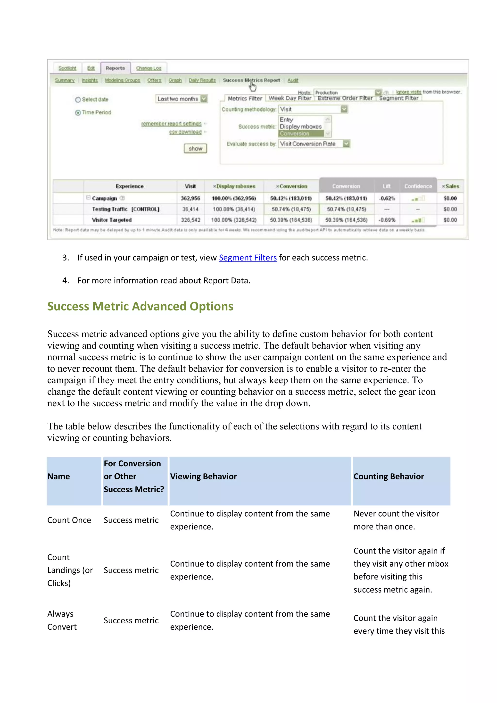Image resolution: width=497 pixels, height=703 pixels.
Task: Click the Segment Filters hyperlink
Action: tap(248, 258)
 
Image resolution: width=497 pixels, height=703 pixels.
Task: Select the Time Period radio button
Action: tap(78, 113)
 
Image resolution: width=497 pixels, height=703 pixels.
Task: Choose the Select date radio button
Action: tap(78, 100)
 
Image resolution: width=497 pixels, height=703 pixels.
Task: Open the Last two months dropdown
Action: tap(204, 99)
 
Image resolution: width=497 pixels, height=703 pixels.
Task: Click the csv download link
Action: tap(185, 132)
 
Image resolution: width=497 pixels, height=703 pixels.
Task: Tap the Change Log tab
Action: tap(149, 68)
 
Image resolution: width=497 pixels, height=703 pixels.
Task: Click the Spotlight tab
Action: tap(67, 68)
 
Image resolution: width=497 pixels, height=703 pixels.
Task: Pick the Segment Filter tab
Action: tap(398, 98)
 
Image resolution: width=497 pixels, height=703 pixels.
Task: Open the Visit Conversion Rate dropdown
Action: tap(346, 144)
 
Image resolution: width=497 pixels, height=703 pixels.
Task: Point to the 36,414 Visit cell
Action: tap(190, 209)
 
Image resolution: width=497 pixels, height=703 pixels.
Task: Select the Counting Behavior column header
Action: tap(389, 477)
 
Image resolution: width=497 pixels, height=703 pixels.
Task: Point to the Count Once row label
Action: tap(69, 520)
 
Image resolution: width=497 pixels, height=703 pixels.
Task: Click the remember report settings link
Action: tap(171, 124)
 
